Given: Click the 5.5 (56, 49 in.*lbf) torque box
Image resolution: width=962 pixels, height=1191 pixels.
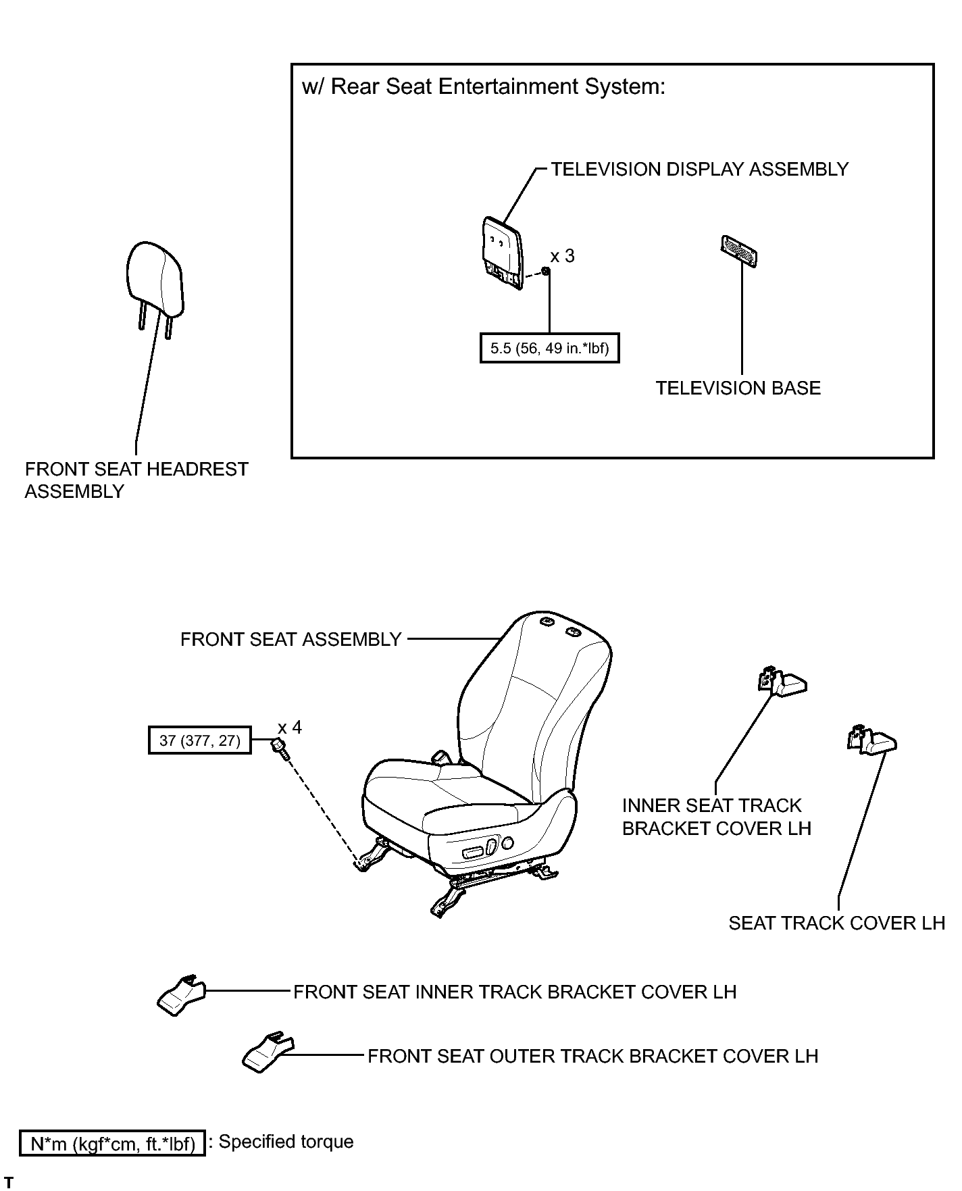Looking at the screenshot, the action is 549,349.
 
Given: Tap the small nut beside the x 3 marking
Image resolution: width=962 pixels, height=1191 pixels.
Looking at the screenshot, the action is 546,272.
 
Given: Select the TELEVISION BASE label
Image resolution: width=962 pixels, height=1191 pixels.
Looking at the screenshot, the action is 738,388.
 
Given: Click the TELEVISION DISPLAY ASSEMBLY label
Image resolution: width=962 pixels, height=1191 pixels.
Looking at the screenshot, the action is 700,169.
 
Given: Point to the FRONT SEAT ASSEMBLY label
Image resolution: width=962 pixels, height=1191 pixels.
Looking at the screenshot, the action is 291,639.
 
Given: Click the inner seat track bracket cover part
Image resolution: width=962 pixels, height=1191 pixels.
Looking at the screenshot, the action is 781,682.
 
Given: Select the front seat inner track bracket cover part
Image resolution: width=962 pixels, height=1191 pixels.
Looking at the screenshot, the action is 180,995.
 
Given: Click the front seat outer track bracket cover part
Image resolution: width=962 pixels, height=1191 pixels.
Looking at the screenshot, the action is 268,1052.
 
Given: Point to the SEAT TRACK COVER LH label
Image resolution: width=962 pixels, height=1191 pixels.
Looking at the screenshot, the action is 836,923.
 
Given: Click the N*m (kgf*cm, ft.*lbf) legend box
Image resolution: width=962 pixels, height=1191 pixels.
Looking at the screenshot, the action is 112,1143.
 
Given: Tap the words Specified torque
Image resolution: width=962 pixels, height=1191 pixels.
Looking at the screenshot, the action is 286,1142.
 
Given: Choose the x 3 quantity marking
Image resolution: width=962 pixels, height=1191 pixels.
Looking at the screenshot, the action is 562,256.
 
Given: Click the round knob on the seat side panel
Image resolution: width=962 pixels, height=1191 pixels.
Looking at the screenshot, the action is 507,843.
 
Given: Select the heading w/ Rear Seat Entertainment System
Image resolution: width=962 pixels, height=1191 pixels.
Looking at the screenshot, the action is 484,87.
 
